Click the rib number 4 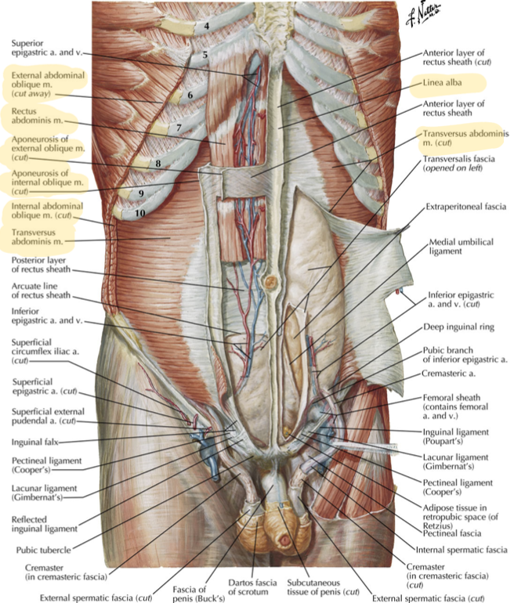coord(207,26)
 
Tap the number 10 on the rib coord(139,213)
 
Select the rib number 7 coord(179,128)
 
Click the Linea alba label coord(442,82)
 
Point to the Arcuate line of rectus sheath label coord(41,291)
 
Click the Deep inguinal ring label coord(458,327)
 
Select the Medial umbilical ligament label coord(461,247)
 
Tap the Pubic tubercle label coord(43,550)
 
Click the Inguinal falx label coord(34,442)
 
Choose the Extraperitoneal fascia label coord(466,207)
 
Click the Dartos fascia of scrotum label coord(252,587)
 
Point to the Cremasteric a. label coord(448,374)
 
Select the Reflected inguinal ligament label coord(44,524)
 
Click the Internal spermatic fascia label coord(462,550)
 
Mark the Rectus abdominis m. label coord(37,116)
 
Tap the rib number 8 coord(158,164)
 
